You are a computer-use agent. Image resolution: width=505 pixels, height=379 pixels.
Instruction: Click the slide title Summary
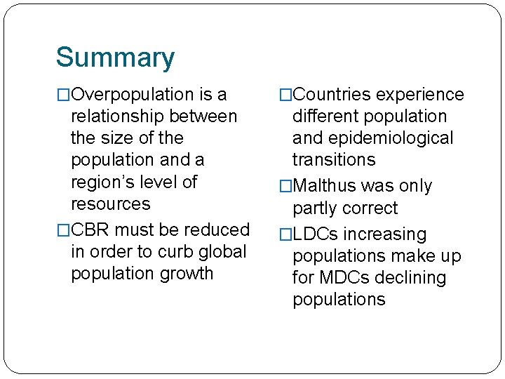[x=115, y=58]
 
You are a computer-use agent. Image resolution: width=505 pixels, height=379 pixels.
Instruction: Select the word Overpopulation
[x=134, y=95]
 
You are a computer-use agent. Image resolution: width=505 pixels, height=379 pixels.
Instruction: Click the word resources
[x=111, y=204]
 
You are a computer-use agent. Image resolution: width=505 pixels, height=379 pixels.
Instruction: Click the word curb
[x=175, y=251]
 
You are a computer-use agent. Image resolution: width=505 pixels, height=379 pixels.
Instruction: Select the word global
[x=222, y=251]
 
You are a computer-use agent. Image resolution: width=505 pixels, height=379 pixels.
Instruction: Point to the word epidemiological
[x=393, y=138]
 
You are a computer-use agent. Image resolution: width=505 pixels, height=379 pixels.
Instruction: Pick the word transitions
[x=334, y=160]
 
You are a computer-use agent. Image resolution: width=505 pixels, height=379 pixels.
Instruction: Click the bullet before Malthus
[x=285, y=187]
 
